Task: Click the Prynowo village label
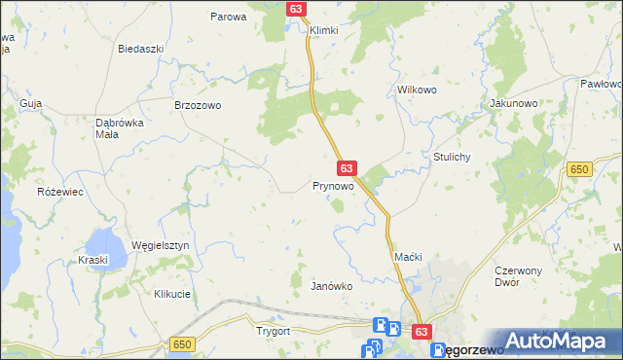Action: click(x=333, y=185)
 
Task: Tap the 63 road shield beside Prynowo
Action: click(x=348, y=168)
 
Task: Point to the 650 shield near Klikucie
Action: click(x=181, y=344)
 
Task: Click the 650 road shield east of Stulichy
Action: click(x=580, y=169)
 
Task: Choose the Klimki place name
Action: click(x=323, y=30)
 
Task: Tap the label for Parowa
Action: click(x=230, y=17)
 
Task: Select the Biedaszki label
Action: click(x=138, y=48)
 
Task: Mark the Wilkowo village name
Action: click(x=415, y=90)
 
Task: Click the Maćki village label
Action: click(x=407, y=256)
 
